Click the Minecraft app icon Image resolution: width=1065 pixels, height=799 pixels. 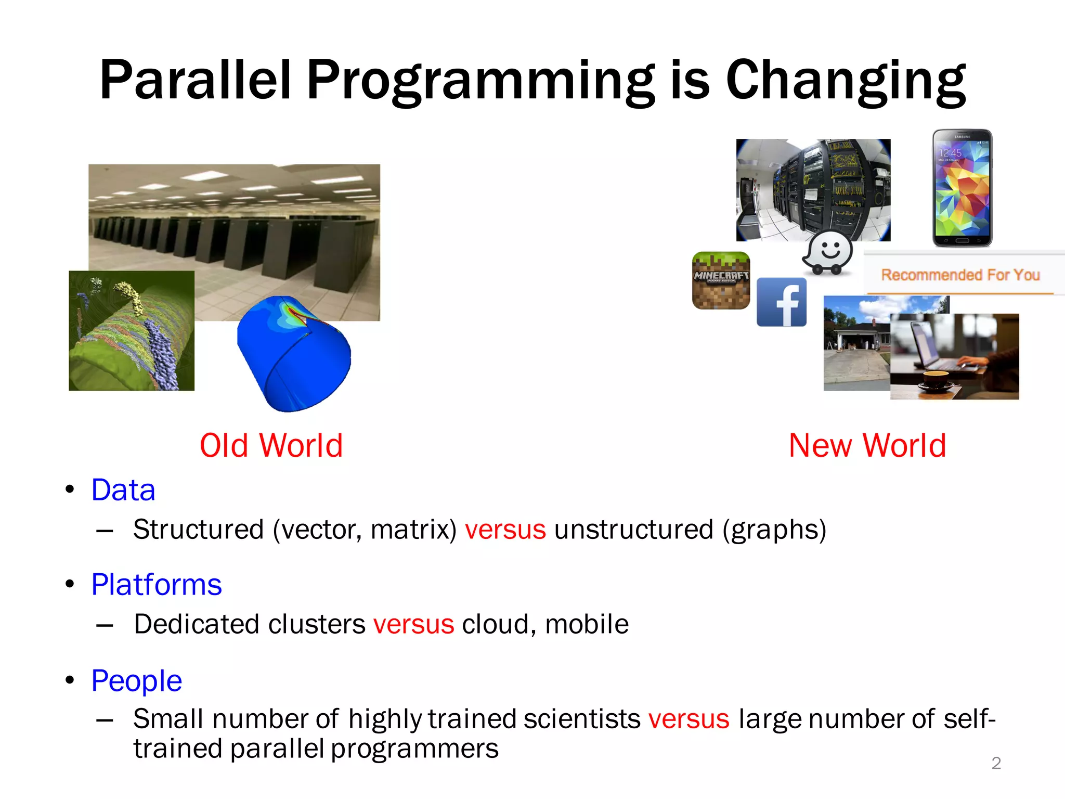[721, 280]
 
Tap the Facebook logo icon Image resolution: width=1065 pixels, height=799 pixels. [782, 302]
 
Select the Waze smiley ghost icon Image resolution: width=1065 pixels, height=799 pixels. [828, 253]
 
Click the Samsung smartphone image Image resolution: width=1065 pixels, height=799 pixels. [962, 188]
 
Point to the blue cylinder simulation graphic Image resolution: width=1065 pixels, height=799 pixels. [294, 354]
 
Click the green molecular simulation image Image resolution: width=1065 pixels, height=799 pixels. [132, 331]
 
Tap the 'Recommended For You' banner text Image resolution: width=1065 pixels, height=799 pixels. [960, 275]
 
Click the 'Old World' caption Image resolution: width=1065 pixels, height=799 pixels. [271, 446]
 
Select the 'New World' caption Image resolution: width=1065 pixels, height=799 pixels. [867, 446]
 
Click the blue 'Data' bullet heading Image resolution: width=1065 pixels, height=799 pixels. [123, 490]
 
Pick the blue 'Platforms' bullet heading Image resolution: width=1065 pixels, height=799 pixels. [157, 585]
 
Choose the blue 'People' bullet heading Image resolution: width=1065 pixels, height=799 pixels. [137, 681]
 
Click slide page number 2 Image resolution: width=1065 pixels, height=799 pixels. [996, 763]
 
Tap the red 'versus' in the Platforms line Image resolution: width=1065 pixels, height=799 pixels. [414, 624]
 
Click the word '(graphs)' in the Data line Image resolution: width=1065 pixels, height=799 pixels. [774, 530]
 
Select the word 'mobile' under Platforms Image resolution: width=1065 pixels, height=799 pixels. [587, 624]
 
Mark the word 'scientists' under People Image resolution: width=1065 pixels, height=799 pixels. [582, 719]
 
